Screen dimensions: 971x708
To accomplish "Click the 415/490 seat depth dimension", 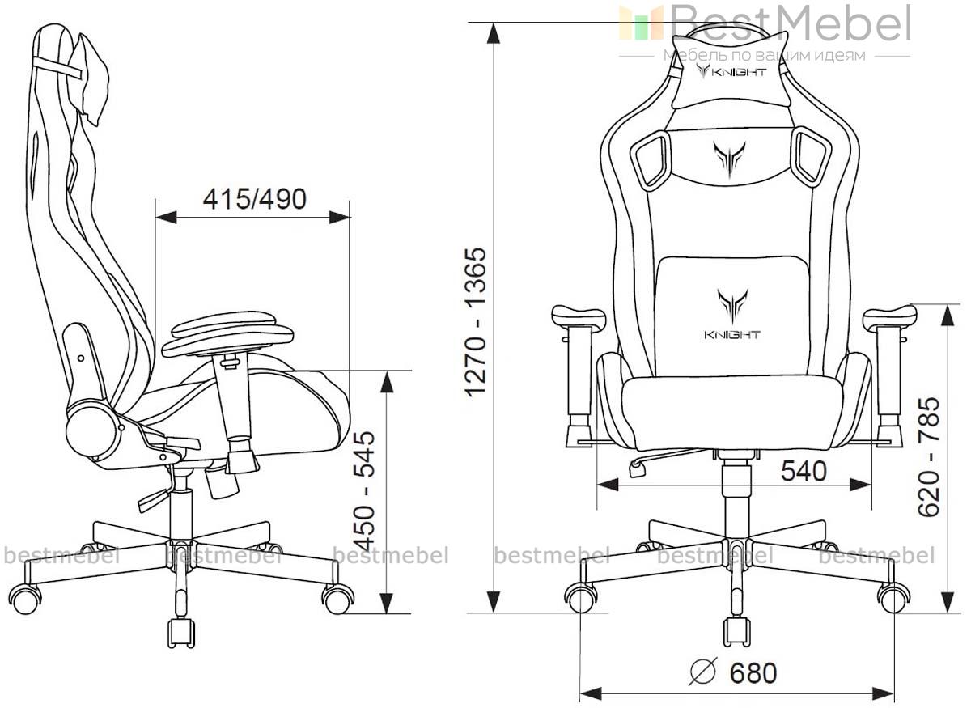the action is click(254, 199).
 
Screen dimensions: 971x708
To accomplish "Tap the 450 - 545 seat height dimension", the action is click(363, 490).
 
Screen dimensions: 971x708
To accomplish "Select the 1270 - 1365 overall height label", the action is click(476, 322).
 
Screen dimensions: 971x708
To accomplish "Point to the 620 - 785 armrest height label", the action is click(929, 456).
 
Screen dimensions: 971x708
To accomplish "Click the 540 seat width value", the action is click(804, 471).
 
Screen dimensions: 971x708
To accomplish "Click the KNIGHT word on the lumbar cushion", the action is click(732, 335).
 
